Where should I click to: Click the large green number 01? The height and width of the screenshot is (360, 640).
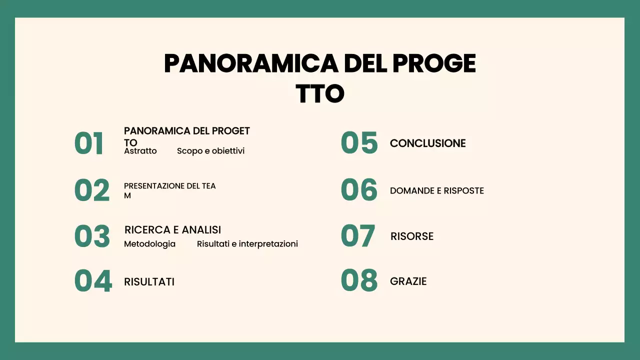89,143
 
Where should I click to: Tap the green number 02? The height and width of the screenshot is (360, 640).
91,190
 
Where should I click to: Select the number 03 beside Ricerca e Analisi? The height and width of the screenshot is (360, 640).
92,236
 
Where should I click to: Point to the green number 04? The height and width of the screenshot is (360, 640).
93,281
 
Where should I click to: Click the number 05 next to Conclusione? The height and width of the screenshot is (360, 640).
359,143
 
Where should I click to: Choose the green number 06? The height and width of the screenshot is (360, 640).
359,190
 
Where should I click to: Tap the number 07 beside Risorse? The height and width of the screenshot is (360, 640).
358,236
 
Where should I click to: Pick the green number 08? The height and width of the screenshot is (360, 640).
359,280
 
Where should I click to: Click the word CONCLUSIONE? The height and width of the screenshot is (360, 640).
427,143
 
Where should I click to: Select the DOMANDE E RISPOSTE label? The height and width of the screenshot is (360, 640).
436,191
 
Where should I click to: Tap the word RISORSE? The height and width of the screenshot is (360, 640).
411,236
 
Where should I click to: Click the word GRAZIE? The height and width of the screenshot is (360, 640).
408,281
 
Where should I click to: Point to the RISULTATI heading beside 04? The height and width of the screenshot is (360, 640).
149,282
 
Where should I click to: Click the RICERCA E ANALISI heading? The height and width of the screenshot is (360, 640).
172,230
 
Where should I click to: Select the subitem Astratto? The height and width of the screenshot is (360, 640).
140,151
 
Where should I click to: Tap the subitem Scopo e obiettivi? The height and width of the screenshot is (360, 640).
210,151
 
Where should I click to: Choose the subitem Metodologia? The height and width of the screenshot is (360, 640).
149,244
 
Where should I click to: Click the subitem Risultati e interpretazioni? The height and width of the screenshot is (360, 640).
247,244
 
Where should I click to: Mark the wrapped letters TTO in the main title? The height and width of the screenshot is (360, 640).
320,93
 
